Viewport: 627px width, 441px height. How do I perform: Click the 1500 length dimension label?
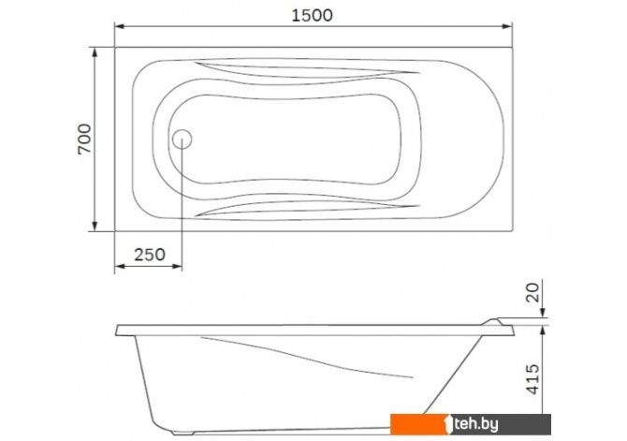click(312, 15)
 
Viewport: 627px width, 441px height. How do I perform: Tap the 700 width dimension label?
click(84, 139)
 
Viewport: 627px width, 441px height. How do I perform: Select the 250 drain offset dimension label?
click(150, 255)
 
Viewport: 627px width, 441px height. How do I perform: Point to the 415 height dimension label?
click(533, 379)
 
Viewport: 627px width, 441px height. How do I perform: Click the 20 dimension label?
click(533, 292)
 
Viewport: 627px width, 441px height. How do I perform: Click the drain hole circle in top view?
click(182, 140)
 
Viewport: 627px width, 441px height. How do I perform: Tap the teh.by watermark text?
click(476, 424)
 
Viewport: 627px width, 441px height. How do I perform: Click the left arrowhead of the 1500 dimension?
click(120, 26)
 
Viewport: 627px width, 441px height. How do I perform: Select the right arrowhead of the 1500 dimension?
click(507, 26)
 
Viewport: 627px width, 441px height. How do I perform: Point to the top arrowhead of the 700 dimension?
click(95, 52)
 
